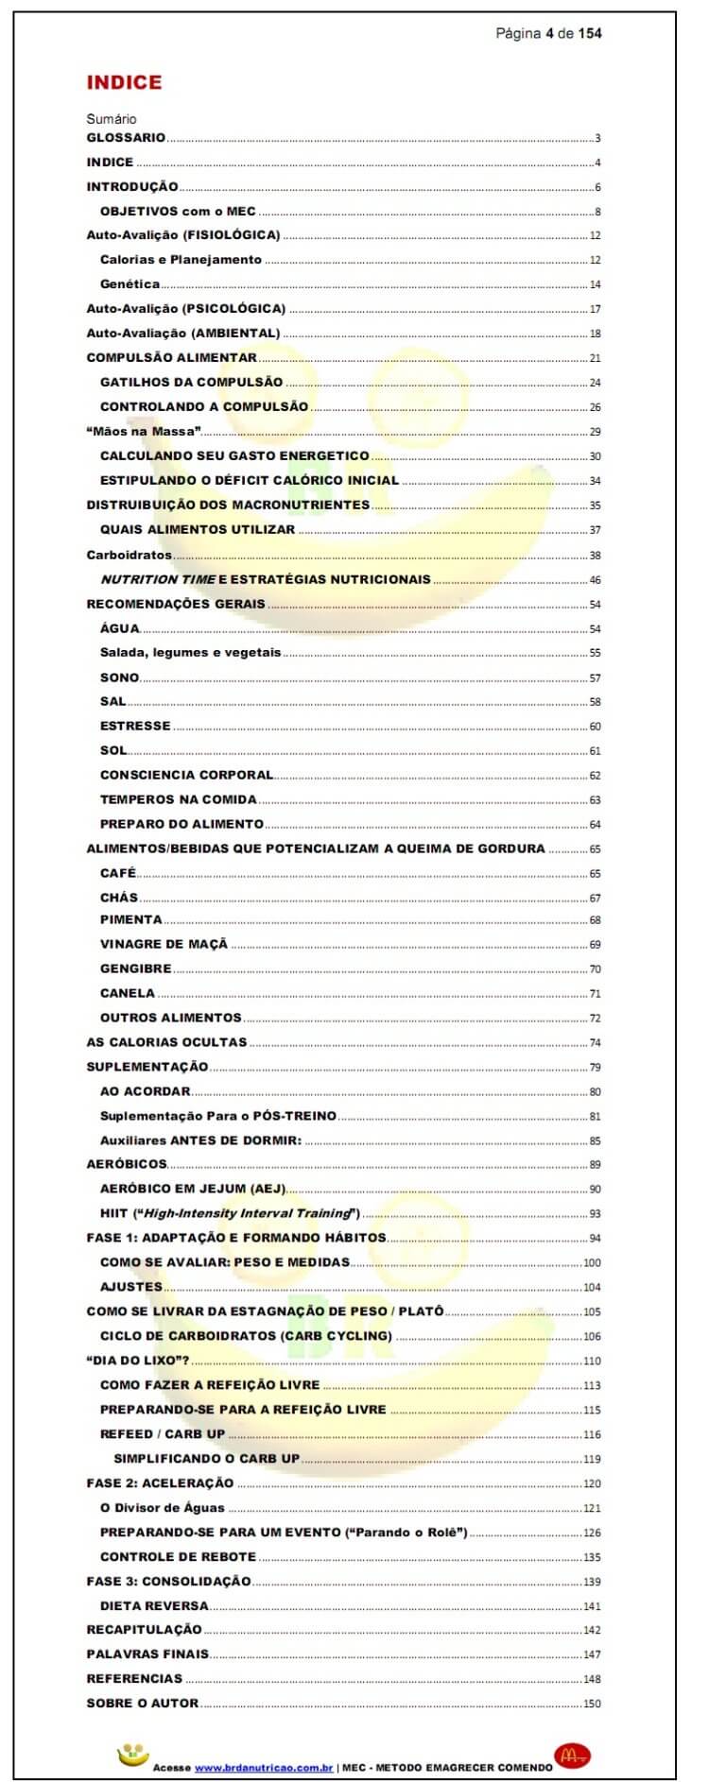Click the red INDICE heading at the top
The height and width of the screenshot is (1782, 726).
[x=124, y=82]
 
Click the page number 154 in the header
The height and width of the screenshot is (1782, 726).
[x=590, y=33]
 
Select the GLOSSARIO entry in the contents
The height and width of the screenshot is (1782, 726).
[x=126, y=138]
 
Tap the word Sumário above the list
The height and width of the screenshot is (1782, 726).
[x=112, y=119]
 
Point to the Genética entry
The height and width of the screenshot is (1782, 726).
[x=130, y=284]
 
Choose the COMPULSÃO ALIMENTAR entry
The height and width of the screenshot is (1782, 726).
[x=171, y=358]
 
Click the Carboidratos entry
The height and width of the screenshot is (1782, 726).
[x=129, y=556]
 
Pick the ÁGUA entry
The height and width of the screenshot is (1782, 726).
[x=119, y=628]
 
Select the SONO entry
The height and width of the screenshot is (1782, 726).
[x=119, y=677]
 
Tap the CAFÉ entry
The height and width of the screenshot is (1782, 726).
[x=118, y=873]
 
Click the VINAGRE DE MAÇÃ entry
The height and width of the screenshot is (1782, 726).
[x=164, y=944]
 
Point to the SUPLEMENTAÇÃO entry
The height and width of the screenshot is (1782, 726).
[x=147, y=1067]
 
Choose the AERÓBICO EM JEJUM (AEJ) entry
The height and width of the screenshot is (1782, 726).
[x=193, y=1189]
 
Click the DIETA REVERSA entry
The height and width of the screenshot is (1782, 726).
[x=154, y=1605]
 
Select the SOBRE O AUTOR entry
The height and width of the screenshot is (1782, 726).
[x=143, y=1703]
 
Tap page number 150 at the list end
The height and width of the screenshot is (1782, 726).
[x=592, y=1704]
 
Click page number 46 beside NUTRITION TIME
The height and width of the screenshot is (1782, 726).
[x=595, y=580]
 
